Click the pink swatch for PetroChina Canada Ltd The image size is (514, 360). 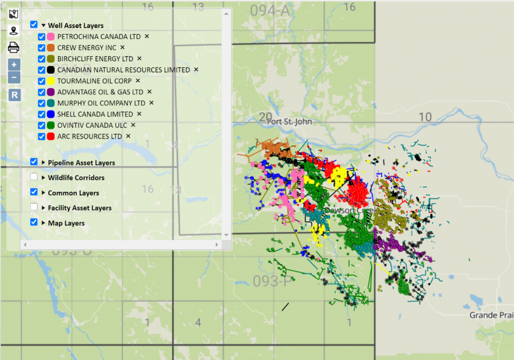tap(51, 37)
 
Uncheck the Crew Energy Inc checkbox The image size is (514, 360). tap(42, 48)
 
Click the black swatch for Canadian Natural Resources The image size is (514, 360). tap(51, 70)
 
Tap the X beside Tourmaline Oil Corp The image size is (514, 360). tap(138, 81)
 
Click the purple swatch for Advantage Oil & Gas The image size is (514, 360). tap(51, 92)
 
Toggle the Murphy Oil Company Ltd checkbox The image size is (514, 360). tap(42, 103)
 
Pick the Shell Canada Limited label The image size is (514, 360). tap(95, 114)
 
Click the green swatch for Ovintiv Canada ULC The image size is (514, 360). tap(51, 125)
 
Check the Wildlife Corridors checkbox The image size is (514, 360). tap(34, 177)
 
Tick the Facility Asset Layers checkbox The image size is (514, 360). tap(34, 207)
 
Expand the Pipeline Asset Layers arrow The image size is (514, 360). tap(43, 162)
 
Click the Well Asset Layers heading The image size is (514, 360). tap(76, 25)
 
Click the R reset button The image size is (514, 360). tap(14, 95)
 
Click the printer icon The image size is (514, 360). tap(14, 48)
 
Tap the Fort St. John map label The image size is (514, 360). tap(290, 122)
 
